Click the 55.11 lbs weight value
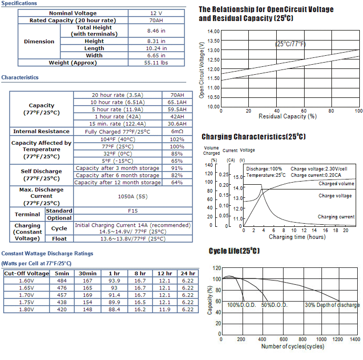pyautogui.click(x=156, y=63)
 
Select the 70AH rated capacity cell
pyautogui.click(x=156, y=21)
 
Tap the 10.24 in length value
pyautogui.click(x=156, y=48)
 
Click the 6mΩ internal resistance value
pyautogui.click(x=177, y=132)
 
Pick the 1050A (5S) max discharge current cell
pyautogui.click(x=133, y=196)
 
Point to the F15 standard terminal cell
pyautogui.click(x=133, y=211)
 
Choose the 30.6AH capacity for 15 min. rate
pyautogui.click(x=177, y=124)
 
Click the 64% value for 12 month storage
pyautogui.click(x=177, y=183)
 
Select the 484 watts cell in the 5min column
pyautogui.click(x=62, y=281)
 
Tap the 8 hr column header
pyautogui.click(x=140, y=274)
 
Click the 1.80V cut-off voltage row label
pyautogui.click(x=26, y=309)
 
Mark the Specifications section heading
pyautogui.click(x=19, y=3)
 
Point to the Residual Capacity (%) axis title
pyautogui.click(x=288, y=116)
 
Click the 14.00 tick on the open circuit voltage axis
pyautogui.click(x=214, y=31)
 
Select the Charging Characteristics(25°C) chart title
pyautogui.click(x=254, y=136)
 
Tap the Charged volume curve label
pyautogui.click(x=336, y=184)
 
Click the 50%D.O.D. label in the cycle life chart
pyautogui.click(x=274, y=305)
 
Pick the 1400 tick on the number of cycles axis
pyautogui.click(x=355, y=339)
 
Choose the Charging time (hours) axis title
pyautogui.click(x=297, y=237)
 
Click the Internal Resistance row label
pyautogui.click(x=41, y=132)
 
